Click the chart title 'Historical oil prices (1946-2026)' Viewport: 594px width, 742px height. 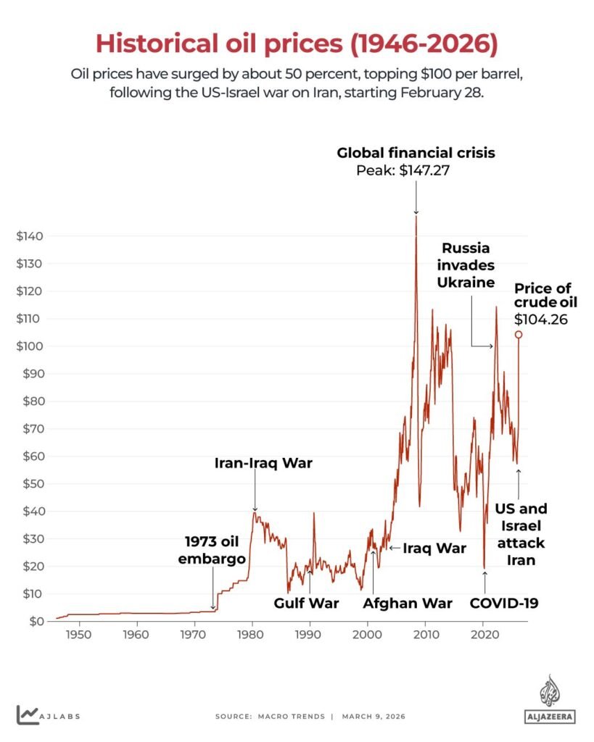tap(297, 43)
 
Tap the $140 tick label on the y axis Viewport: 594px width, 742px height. tap(30, 236)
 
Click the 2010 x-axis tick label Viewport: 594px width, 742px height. tap(426, 635)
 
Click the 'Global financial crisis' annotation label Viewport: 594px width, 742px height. tap(416, 153)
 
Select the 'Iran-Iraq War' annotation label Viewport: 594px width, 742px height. tap(263, 462)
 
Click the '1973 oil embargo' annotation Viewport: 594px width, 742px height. tap(213, 550)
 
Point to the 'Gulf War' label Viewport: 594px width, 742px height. tap(306, 603)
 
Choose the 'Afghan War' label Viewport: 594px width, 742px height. tap(408, 603)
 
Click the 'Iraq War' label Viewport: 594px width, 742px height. tap(434, 549)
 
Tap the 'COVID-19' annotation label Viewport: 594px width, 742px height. tap(504, 603)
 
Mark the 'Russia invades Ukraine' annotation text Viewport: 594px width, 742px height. tap(466, 265)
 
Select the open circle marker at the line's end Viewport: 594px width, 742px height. tap(519, 334)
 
